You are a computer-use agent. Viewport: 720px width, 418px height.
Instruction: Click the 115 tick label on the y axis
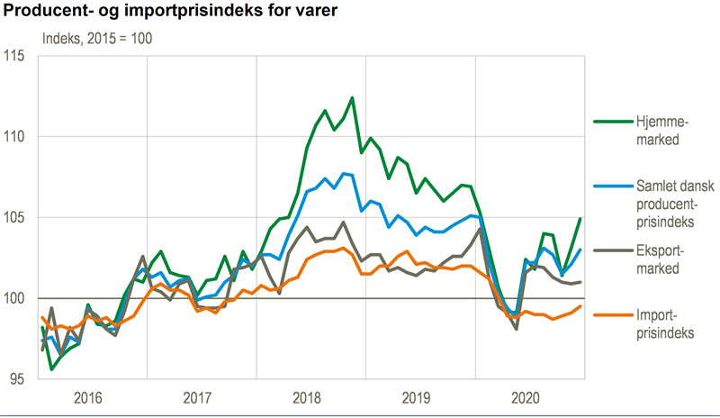pyautogui.click(x=18, y=56)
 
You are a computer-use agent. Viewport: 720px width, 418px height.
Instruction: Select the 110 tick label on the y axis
pyautogui.click(x=18, y=137)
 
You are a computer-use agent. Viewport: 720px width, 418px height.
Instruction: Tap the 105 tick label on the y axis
pyautogui.click(x=18, y=218)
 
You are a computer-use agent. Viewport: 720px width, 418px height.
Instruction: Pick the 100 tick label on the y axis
pyautogui.click(x=18, y=298)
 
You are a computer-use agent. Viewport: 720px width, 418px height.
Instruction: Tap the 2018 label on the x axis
pyautogui.click(x=312, y=396)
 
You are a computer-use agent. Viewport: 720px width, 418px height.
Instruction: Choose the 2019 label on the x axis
pyautogui.click(x=421, y=396)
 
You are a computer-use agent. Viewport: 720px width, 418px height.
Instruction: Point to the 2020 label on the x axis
pyautogui.click(x=530, y=396)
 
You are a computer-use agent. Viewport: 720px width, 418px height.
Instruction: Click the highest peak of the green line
pyautogui.click(x=352, y=97)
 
